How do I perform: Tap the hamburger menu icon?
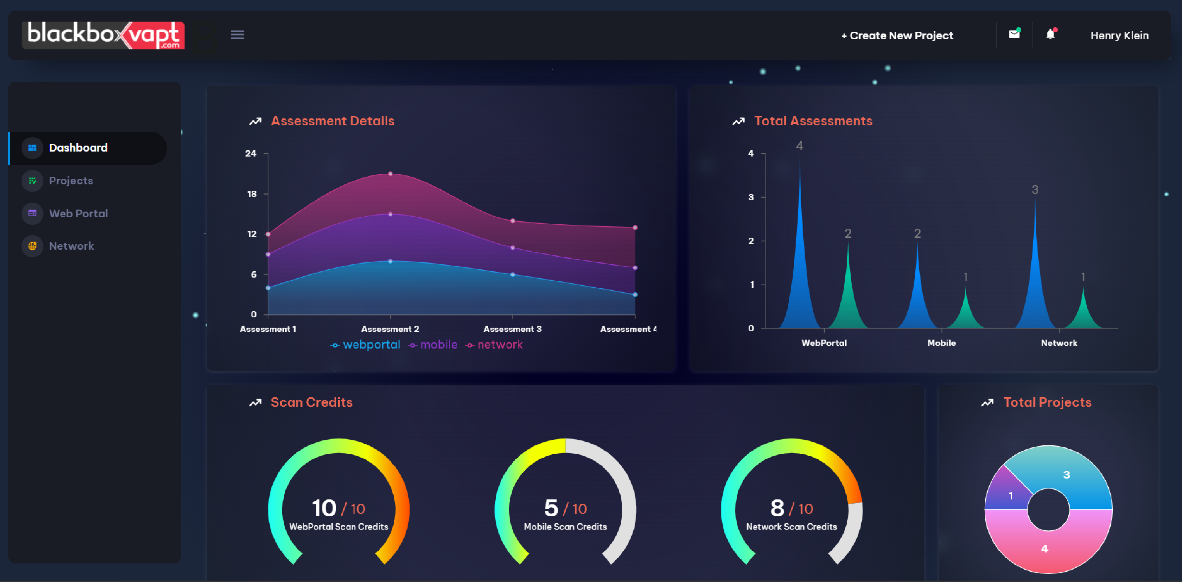237,35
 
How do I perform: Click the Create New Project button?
897,35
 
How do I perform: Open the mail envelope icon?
1014,34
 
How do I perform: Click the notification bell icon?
1050,34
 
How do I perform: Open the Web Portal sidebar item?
78,213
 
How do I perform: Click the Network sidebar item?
71,246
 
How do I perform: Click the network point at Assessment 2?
390,174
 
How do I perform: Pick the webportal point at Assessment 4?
635,294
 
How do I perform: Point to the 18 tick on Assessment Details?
252,194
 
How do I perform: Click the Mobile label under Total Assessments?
941,343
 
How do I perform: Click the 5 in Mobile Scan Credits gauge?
551,508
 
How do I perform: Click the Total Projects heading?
1047,402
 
